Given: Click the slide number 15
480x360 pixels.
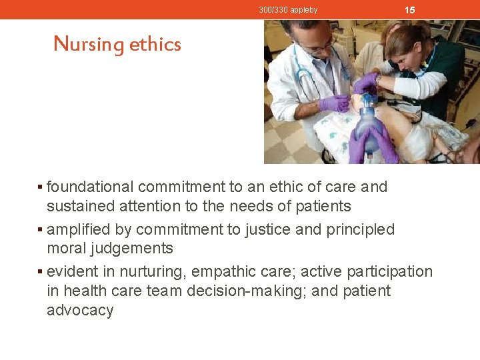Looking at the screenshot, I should point(410,10).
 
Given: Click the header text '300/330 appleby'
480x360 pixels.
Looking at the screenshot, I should point(288,10).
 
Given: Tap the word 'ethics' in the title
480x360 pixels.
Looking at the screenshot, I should point(155,44).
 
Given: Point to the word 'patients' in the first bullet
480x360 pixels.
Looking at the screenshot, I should point(323,206).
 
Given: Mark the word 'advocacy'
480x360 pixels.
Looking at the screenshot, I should point(79,311).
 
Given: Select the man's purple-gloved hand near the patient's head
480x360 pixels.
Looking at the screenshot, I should point(335,103).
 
